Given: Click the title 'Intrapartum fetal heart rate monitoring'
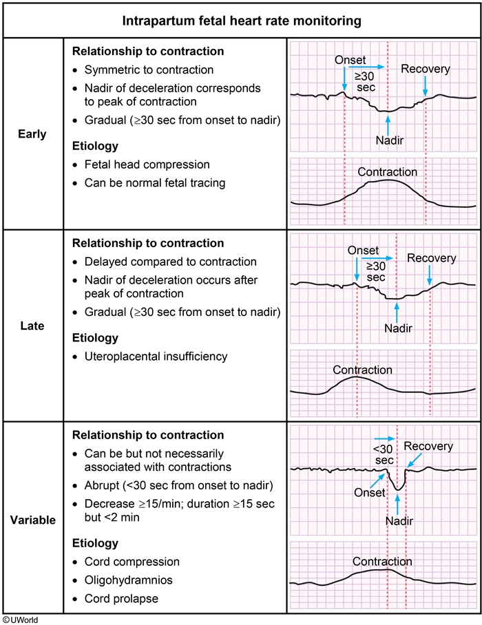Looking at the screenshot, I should (242, 21).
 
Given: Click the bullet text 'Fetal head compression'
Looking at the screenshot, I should (147, 165).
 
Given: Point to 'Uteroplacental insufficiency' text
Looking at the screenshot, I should (156, 356).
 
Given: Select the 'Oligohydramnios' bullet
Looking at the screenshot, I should (128, 580).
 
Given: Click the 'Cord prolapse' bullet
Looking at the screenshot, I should (121, 599).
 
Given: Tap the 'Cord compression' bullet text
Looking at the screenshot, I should (132, 562).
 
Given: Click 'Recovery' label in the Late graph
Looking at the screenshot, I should (432, 258).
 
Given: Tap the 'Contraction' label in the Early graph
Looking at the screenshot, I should (387, 172).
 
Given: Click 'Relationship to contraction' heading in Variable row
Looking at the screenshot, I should (148, 435).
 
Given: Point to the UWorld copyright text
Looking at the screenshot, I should (19, 619).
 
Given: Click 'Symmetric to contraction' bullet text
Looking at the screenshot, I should (149, 70).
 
